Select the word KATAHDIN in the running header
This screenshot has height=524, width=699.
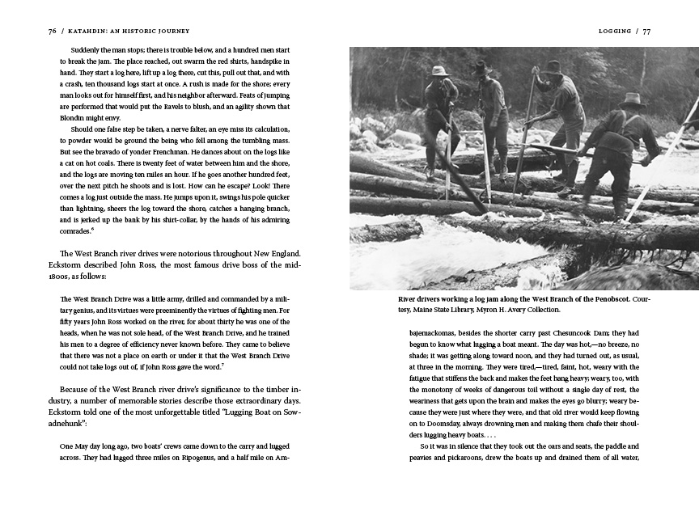point(89,32)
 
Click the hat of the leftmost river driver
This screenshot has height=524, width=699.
point(440,71)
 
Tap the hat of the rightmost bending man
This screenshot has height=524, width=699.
point(631,99)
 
